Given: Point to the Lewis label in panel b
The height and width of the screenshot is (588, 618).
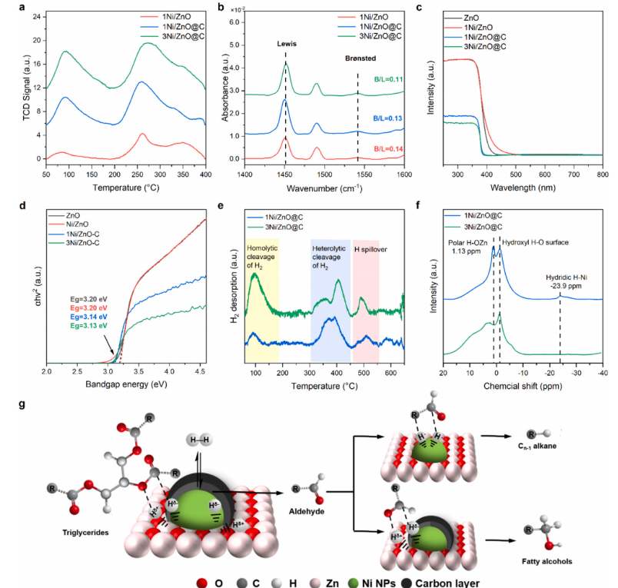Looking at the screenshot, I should coord(286,45).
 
